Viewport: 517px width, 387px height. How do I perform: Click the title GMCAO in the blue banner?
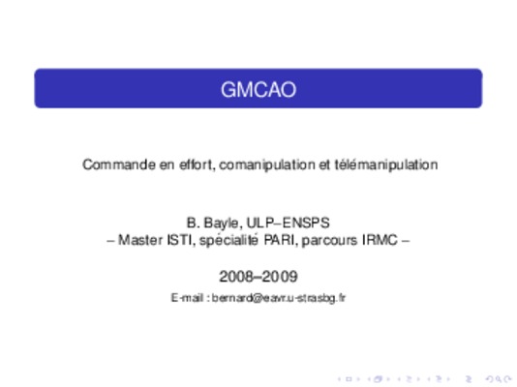click(258, 90)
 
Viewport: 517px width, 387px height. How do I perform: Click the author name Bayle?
click(223, 223)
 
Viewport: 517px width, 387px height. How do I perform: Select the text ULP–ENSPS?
click(288, 223)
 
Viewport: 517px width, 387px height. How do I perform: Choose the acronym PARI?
click(281, 240)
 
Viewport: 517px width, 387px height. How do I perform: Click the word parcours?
click(330, 241)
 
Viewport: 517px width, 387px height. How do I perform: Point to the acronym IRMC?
click(380, 240)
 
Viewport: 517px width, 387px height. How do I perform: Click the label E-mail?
click(187, 298)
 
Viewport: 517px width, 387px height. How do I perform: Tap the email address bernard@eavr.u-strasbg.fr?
click(279, 298)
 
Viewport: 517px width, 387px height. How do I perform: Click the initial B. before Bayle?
click(194, 223)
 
